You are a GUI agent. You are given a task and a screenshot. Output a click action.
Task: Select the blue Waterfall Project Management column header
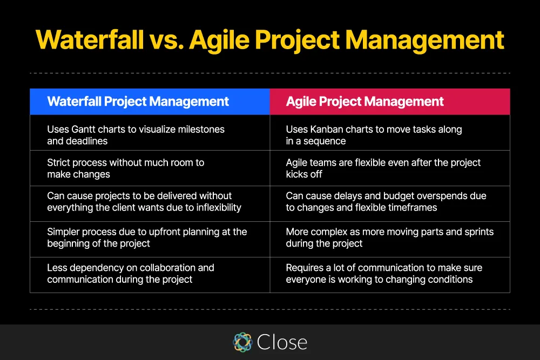coord(150,101)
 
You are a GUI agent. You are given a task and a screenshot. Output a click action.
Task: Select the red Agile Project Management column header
coord(389,101)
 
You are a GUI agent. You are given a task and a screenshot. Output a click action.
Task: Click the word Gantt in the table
coord(85,130)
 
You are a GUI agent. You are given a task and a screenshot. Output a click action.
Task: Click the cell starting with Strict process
coord(150,168)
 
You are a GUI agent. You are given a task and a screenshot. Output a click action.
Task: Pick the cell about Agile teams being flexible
coord(389,168)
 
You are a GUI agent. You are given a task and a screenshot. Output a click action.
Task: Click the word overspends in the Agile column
coord(436,196)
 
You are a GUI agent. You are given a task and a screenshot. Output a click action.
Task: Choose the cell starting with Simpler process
coord(150,237)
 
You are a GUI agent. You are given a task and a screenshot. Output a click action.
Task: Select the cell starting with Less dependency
coord(150,274)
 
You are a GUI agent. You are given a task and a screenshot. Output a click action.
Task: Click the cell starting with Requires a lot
coord(389,274)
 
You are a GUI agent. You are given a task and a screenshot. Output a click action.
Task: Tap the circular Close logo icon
coord(242,342)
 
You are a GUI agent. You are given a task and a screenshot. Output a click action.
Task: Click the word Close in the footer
coord(282,342)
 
